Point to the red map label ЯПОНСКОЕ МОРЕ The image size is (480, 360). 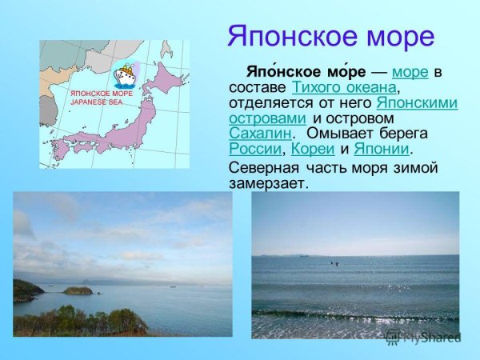[x=102, y=94]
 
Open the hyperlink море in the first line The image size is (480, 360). [x=410, y=73]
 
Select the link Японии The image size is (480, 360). [x=382, y=148]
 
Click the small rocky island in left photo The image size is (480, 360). [x=78, y=290]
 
